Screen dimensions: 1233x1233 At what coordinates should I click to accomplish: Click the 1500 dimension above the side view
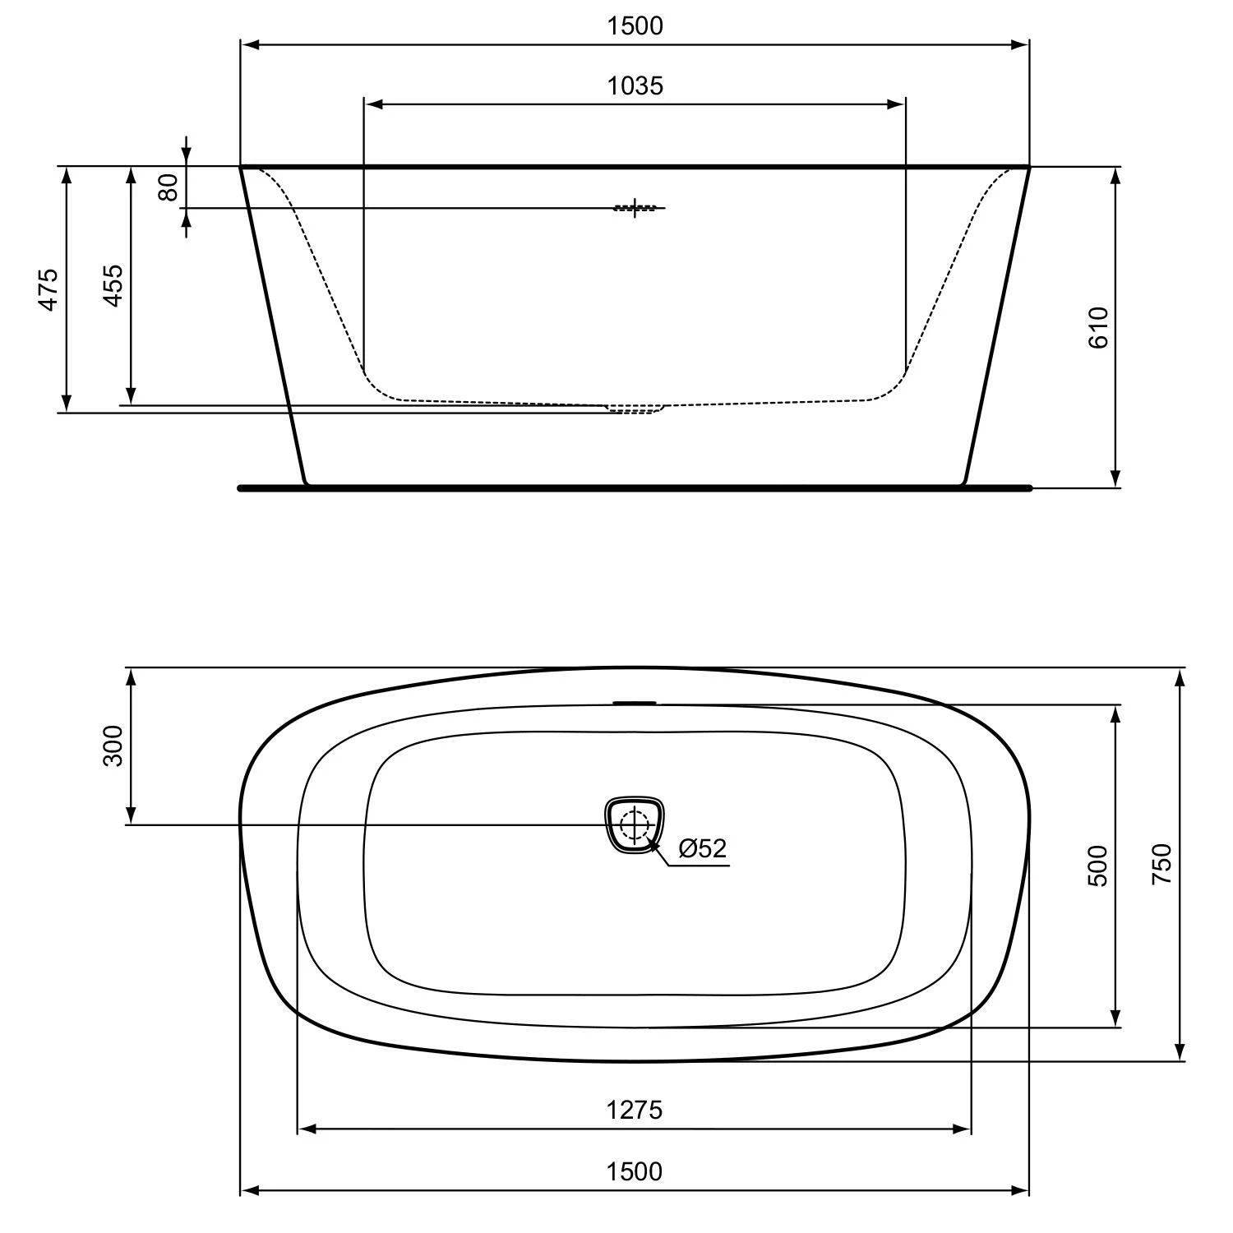point(635,26)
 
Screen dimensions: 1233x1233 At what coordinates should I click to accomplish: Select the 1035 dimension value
point(635,85)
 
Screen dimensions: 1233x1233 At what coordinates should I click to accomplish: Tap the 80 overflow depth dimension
point(169,187)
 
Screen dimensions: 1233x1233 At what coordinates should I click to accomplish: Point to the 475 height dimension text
point(49,289)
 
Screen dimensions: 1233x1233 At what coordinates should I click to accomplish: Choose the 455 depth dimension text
point(113,285)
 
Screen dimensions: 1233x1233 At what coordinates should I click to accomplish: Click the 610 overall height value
point(1098,327)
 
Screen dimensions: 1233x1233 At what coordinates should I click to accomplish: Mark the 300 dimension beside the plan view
point(113,746)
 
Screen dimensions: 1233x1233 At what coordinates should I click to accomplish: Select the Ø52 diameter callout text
point(703,848)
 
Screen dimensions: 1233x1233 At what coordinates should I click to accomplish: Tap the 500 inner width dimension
point(1098,866)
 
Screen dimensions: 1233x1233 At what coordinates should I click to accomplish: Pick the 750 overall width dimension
point(1161,864)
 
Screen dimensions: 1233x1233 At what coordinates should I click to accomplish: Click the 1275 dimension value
point(635,1111)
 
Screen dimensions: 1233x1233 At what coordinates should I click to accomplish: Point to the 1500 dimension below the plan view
point(635,1171)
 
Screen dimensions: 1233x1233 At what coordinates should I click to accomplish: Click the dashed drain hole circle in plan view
point(635,824)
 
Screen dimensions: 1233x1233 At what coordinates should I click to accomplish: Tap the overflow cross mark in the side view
point(635,208)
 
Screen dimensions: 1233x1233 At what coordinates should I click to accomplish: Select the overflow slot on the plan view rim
point(635,703)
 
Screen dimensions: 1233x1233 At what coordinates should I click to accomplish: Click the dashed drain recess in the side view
point(635,409)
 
